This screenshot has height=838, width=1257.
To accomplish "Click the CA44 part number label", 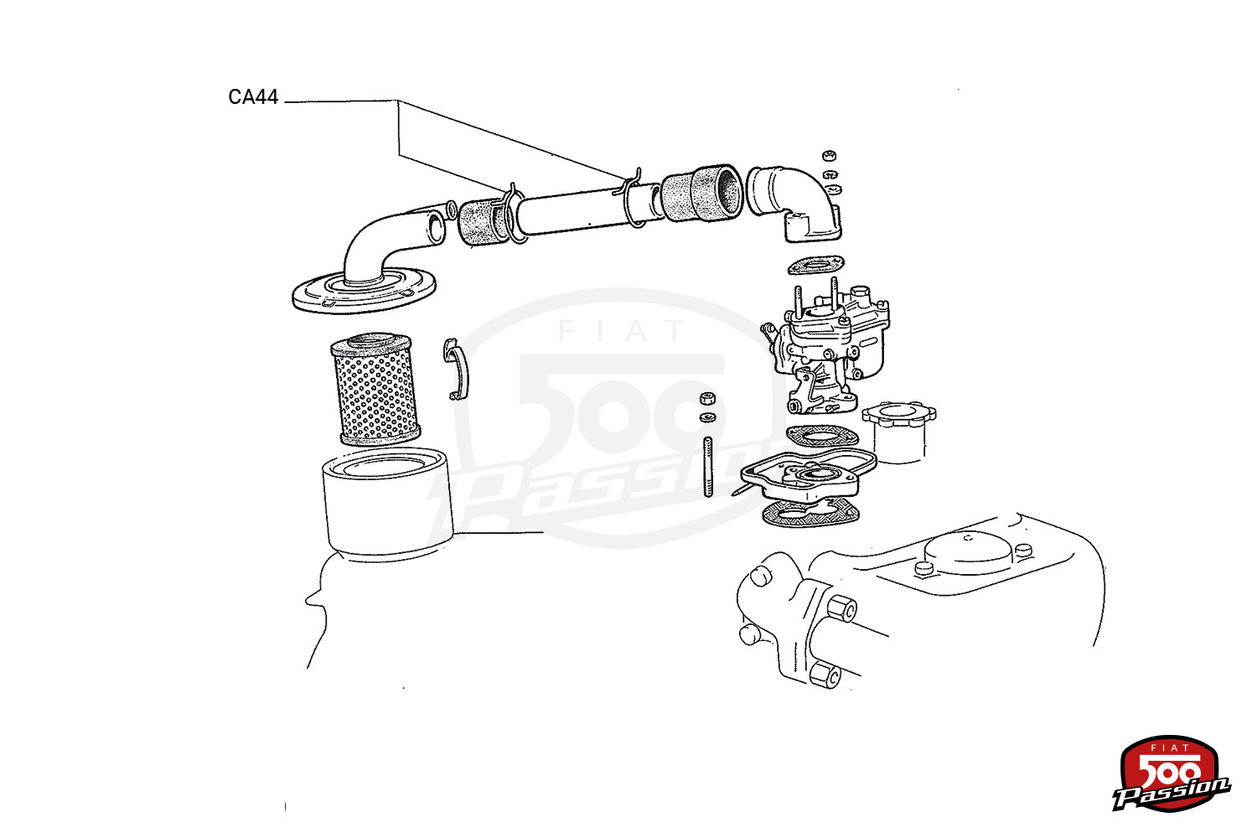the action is point(253,97).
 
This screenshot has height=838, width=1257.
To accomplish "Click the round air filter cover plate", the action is point(365,290).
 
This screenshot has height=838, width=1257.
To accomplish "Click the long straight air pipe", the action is point(587,209).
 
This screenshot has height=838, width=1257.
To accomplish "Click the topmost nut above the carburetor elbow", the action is point(830,156).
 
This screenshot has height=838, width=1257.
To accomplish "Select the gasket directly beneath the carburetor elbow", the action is point(816,265).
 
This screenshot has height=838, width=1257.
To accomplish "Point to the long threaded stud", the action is point(708,467).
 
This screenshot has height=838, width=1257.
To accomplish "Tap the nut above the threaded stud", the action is point(707,399).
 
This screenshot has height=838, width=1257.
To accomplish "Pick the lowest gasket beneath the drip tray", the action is point(811,513).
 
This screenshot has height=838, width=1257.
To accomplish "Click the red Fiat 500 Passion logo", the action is point(1172,773).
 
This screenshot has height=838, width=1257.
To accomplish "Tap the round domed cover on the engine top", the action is point(969,553).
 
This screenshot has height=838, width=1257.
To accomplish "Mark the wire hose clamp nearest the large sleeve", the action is point(633,199).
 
